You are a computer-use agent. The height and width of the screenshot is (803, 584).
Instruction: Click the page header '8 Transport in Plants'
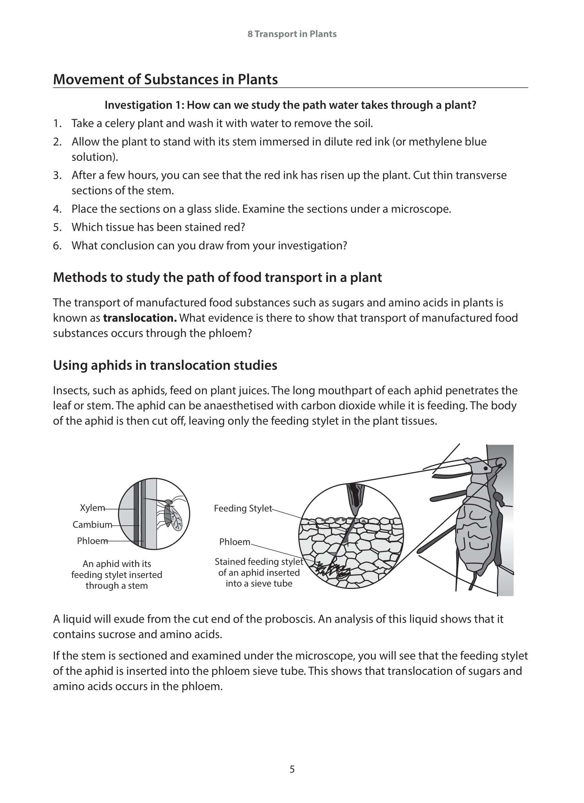(292, 34)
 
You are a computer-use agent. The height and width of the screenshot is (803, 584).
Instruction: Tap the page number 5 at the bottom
(292, 769)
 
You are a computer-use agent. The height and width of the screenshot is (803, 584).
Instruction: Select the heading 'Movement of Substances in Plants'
(165, 80)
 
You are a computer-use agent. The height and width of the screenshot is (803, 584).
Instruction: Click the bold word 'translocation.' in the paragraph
(140, 318)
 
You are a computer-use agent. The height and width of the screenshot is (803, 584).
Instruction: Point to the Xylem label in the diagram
(92, 508)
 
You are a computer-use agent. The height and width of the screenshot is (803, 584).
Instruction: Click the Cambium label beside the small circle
(92, 525)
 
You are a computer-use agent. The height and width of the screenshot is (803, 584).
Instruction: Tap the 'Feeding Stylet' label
(243, 509)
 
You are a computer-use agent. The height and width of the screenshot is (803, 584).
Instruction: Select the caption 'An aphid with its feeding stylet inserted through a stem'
(116, 574)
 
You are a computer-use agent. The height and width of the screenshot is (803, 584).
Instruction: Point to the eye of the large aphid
(486, 468)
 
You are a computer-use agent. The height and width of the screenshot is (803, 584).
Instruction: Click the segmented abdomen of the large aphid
(473, 533)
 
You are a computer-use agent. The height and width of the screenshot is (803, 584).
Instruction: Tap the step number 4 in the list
(57, 209)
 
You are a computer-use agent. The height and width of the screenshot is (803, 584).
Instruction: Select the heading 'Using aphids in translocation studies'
(165, 365)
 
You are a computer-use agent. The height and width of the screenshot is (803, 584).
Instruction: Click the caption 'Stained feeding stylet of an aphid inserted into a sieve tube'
(259, 573)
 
